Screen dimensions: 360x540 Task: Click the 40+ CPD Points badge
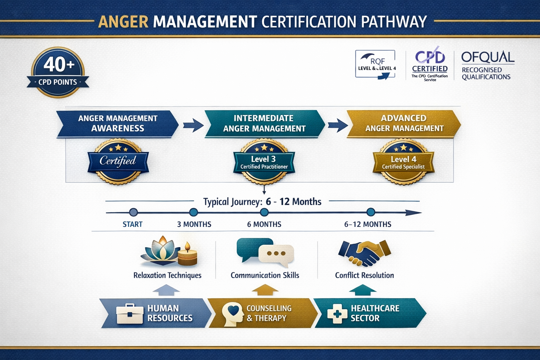coord(58,72)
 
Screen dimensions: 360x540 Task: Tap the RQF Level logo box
coord(375,64)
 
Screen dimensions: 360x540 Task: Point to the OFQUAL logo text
coord(488,57)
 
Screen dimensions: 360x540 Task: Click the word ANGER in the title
coord(123,22)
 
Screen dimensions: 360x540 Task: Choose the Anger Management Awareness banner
coord(117,123)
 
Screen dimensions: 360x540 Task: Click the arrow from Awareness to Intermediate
coord(193,125)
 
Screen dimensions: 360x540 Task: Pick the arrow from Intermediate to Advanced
coord(337,125)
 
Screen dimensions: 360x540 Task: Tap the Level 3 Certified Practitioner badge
coord(264,162)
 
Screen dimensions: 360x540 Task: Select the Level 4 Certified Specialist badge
coord(404,162)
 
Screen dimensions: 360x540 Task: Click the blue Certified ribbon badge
coord(118,161)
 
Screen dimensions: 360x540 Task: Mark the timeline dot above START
coord(133,212)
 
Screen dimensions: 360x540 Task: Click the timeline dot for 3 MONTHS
coord(193,212)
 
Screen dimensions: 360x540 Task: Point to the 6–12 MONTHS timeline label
coord(368,224)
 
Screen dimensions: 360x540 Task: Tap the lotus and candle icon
coord(169,251)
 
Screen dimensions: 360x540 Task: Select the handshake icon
coord(364,253)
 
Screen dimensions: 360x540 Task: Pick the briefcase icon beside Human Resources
coord(130,313)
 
